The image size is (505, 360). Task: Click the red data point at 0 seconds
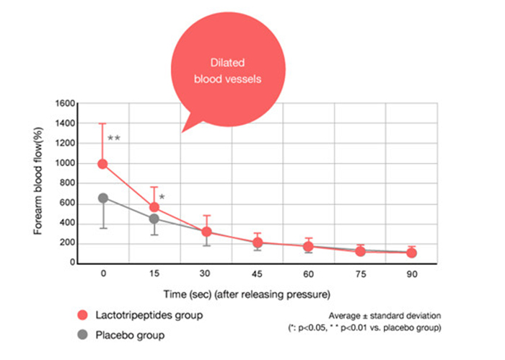102,164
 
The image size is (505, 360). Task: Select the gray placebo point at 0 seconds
102,198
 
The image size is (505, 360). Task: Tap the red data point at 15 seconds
154,207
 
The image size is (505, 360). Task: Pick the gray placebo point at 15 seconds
154,219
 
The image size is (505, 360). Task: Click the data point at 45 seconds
258,242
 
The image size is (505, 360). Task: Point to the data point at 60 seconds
309,247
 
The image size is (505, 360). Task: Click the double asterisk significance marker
113,138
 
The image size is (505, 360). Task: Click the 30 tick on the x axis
206,274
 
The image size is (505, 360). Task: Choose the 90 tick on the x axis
412,274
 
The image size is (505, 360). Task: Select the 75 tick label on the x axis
360,274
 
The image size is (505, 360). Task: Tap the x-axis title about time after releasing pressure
257,294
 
